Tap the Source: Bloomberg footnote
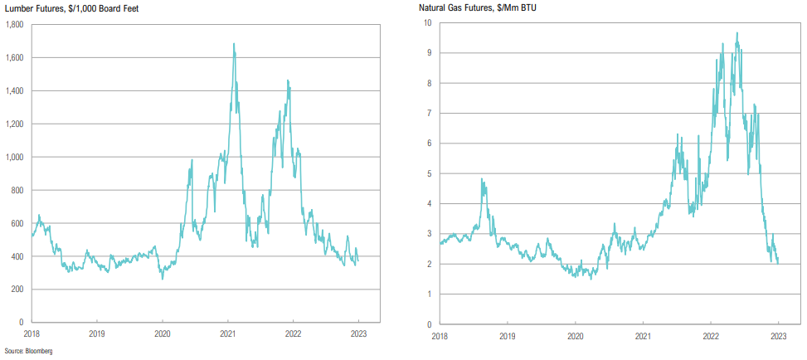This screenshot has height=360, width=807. pos(29,352)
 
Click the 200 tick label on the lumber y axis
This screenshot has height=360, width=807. pos(16,289)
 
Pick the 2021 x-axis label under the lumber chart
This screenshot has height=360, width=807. pos(227,335)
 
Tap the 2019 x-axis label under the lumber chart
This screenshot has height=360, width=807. pos(97,335)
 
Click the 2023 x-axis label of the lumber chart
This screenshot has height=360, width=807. pos(357,335)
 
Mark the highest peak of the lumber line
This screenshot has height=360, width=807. pos(234,44)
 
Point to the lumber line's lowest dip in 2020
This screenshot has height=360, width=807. pos(163,278)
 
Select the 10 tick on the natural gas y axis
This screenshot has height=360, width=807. pos(426,22)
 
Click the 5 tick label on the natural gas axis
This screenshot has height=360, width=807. pos(428,173)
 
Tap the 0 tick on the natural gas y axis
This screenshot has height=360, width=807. pos(428,324)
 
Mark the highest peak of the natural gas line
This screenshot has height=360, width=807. pos(737,33)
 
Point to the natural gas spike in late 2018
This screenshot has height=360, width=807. pos(482,179)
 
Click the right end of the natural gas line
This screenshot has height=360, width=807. pos(778,262)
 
